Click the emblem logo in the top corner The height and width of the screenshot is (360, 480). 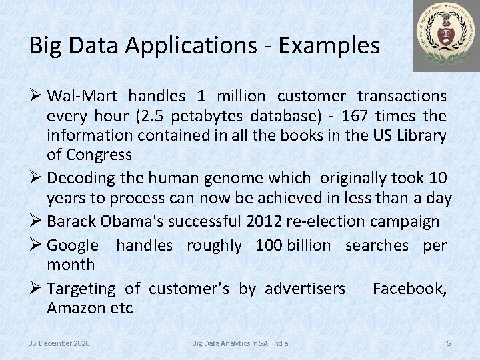pyautogui.click(x=445, y=35)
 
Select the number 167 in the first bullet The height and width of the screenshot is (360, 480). pyautogui.click(x=355, y=116)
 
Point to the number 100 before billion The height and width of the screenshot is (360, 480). pyautogui.click(x=269, y=245)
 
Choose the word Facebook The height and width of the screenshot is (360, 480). pyautogui.click(x=409, y=289)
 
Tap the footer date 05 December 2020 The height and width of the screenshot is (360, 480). pyautogui.click(x=59, y=343)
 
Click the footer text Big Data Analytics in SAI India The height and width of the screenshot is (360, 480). pyautogui.click(x=240, y=343)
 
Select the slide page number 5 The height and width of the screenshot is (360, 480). pyautogui.click(x=449, y=343)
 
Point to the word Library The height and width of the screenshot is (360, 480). pyautogui.click(x=421, y=135)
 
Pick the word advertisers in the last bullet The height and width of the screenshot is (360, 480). pyautogui.click(x=305, y=289)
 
